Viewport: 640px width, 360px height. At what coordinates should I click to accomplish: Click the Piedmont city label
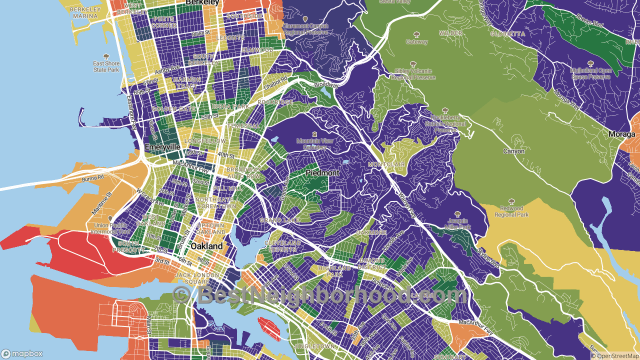322,172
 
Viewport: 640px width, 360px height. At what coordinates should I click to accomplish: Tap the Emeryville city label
162,147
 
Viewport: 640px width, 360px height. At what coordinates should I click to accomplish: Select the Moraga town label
621,134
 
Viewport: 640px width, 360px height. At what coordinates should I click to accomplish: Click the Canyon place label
513,151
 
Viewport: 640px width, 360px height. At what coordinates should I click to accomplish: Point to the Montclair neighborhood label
386,164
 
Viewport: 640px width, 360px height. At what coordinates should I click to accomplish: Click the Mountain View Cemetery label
314,144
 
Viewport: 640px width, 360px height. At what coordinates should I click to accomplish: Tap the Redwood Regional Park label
511,211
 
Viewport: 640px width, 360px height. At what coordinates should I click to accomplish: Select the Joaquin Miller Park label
457,223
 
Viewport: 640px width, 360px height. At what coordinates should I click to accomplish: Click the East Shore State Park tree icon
106,57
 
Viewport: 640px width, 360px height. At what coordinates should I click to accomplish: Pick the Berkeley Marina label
85,12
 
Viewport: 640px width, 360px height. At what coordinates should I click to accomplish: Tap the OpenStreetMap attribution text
614,356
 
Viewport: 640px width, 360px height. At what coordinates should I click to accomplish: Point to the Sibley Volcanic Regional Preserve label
413,74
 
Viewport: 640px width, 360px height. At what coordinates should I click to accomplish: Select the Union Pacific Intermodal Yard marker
110,219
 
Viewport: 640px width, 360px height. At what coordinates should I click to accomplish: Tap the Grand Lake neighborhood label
279,220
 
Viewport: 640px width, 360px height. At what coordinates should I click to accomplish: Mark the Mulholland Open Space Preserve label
590,74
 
